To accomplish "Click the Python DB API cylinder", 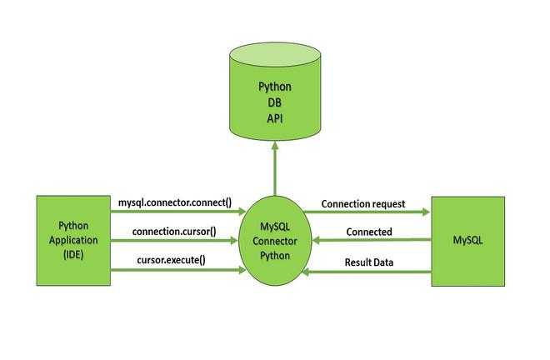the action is (x=275, y=92).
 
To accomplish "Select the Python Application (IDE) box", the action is (x=73, y=241).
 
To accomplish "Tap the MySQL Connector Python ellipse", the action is (x=275, y=241).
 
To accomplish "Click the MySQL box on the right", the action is (x=468, y=242).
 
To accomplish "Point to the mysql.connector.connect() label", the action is (x=175, y=202).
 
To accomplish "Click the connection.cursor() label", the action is (x=174, y=232).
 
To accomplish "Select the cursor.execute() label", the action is (x=172, y=260).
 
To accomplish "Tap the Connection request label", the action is (x=363, y=204).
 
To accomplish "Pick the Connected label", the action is (x=369, y=232).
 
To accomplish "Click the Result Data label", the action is (x=369, y=262).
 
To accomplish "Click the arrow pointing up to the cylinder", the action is (x=275, y=168).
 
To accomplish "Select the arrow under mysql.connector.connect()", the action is (x=178, y=211).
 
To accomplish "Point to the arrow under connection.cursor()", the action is (x=174, y=240).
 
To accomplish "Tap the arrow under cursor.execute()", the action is (x=178, y=270).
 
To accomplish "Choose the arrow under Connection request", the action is (x=367, y=212).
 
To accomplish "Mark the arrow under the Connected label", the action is (x=372, y=240).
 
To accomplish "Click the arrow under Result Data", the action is (x=367, y=272).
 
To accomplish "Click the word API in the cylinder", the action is (x=275, y=118).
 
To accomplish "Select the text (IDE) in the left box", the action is (x=73, y=255).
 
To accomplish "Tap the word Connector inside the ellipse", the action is (x=275, y=241).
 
